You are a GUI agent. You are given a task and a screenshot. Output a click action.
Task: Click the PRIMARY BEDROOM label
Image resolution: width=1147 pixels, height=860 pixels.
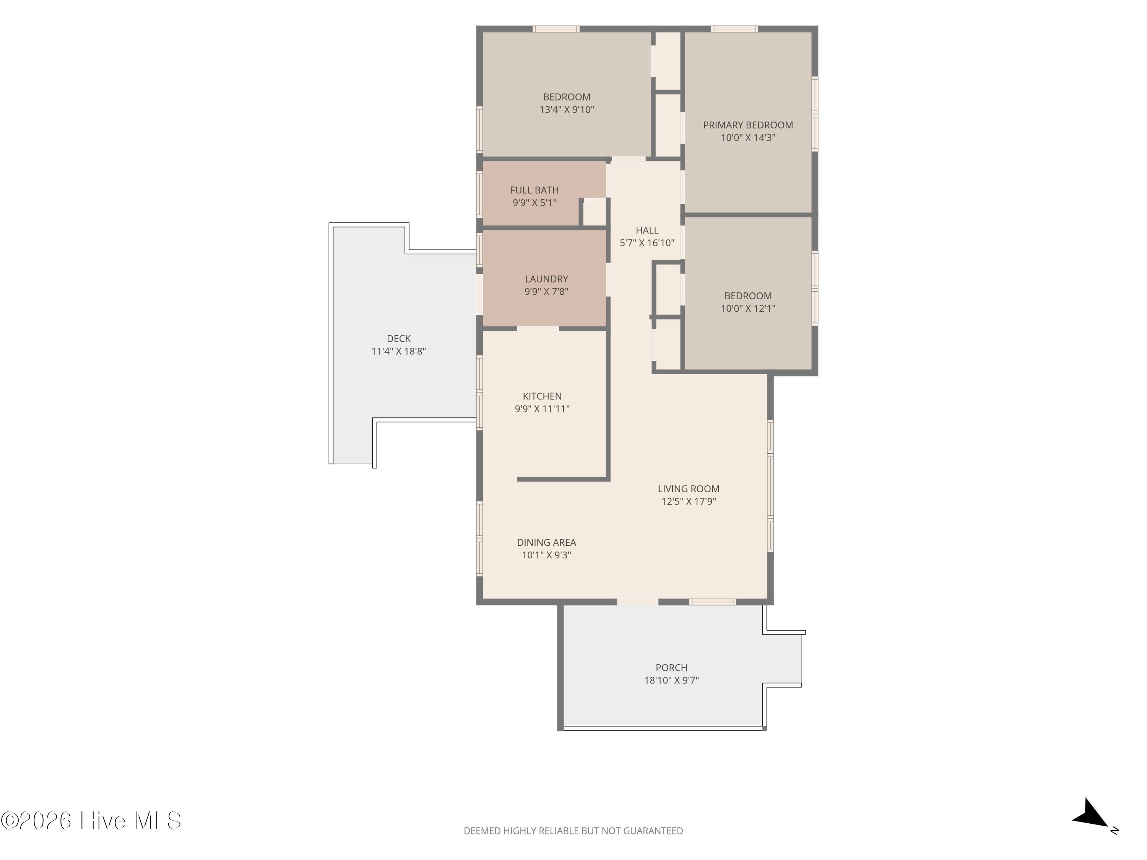click(x=748, y=125)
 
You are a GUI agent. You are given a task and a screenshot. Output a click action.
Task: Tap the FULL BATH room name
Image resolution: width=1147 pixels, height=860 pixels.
click(x=534, y=190)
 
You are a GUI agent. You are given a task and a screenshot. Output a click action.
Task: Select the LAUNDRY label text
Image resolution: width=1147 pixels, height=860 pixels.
click(x=546, y=279)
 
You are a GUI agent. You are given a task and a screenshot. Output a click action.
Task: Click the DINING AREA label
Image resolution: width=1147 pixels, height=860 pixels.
click(x=546, y=542)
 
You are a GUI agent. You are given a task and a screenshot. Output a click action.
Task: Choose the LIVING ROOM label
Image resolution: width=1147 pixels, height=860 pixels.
click(x=688, y=489)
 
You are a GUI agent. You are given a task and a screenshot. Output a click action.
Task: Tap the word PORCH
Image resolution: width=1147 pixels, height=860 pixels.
click(x=671, y=668)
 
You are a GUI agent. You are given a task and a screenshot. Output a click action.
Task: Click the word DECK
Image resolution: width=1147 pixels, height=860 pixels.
click(x=398, y=339)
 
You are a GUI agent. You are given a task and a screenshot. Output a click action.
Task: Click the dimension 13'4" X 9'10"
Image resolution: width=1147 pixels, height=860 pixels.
click(x=566, y=109)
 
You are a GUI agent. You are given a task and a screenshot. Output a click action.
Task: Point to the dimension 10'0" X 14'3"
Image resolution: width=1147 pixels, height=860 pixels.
click(x=748, y=137)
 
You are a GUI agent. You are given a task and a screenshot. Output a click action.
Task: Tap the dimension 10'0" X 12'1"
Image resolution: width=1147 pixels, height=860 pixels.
click(x=748, y=308)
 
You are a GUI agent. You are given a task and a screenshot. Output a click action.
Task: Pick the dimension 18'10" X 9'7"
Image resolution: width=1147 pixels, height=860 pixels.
click(x=671, y=680)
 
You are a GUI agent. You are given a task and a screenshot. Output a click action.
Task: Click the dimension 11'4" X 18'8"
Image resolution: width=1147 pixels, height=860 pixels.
click(x=398, y=351)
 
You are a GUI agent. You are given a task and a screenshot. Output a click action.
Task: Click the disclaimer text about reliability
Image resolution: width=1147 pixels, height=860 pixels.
click(x=573, y=831)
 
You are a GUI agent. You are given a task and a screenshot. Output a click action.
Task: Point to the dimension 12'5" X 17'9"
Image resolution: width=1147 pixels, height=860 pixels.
click(x=688, y=501)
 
